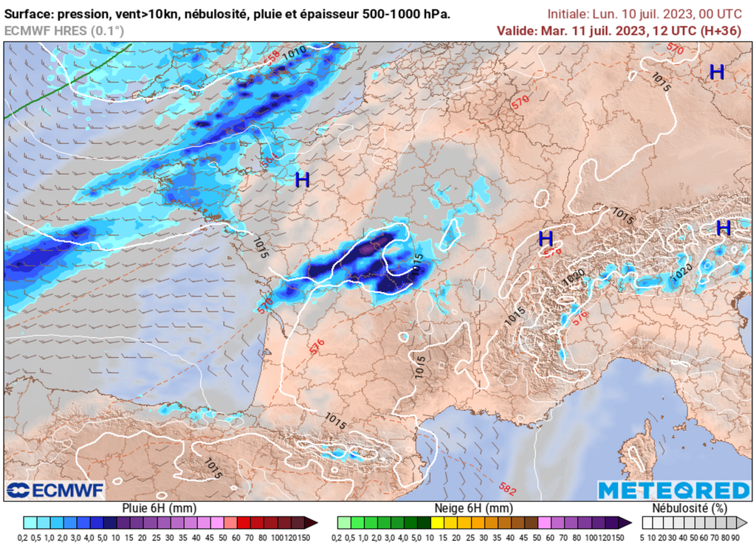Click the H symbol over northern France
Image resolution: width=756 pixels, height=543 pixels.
[302, 179]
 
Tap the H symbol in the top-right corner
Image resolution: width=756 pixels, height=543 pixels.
[716, 72]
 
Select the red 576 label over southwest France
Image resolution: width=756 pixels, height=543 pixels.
[317, 347]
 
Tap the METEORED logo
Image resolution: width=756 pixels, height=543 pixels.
[673, 491]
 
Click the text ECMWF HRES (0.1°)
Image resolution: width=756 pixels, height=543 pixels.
[64, 30]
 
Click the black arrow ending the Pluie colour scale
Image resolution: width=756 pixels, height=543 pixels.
[312, 522]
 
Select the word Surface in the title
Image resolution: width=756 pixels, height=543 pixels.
[27, 13]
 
